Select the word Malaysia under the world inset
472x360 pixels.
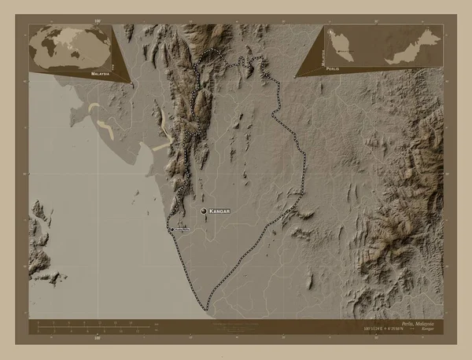point(100,72)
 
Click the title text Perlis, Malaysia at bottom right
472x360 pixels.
point(421,324)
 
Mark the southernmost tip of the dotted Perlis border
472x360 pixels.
point(207,309)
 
